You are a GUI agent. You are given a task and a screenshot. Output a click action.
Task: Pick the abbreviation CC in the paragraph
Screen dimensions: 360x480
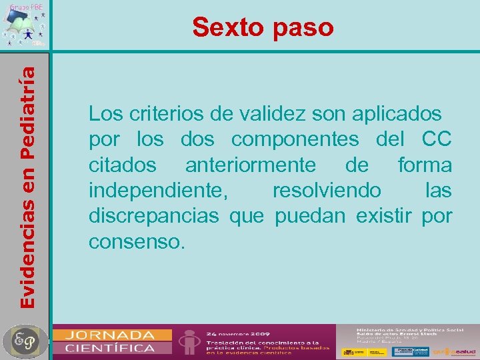pos(437,140)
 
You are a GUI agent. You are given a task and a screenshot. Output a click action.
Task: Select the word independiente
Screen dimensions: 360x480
pos(158,191)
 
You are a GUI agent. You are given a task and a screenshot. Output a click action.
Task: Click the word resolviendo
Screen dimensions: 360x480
pos(327,191)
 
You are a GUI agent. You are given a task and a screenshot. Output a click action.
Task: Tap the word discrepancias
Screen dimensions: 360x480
pos(153,216)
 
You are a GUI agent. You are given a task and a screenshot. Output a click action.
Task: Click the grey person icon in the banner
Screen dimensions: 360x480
pos(191,341)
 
